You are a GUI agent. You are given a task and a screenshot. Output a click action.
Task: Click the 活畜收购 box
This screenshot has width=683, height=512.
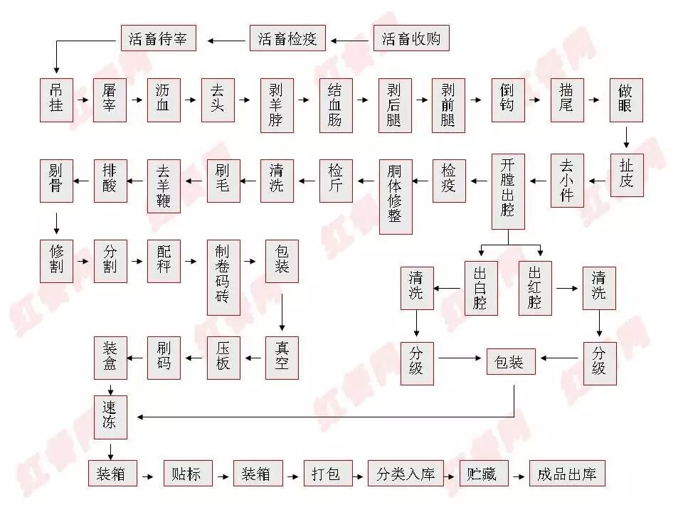point(411,38)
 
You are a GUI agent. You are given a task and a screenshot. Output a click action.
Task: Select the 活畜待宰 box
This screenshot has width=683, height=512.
point(157,38)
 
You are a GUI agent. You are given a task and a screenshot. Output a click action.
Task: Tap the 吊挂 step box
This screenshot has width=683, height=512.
point(56,100)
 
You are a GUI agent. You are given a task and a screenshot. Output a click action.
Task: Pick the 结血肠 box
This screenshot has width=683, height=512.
point(335,105)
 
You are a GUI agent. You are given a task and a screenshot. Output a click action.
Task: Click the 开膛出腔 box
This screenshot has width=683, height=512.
point(508,191)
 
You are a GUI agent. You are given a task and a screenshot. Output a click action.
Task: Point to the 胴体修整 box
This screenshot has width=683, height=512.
point(395,196)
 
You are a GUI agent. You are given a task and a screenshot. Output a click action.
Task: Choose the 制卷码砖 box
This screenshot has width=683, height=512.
point(223,277)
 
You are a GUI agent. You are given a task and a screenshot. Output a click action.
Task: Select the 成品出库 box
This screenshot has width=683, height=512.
point(567,474)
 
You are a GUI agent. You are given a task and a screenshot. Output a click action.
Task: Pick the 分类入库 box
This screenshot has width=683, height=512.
point(406,474)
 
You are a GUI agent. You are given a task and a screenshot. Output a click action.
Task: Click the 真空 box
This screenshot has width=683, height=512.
point(282,358)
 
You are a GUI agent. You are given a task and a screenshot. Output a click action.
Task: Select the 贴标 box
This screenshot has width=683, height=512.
point(187,474)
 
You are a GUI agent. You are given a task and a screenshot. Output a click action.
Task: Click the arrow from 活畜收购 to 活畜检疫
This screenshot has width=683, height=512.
point(349,38)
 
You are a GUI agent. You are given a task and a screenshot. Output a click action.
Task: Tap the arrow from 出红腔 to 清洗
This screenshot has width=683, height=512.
point(567,289)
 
